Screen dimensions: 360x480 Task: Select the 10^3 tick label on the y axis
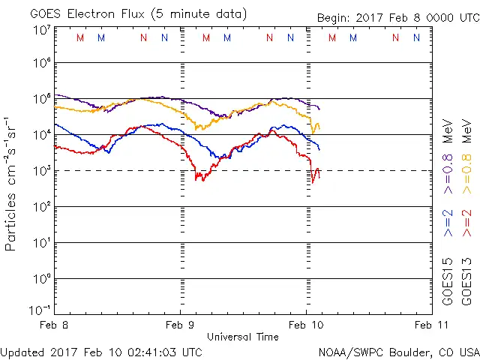41,171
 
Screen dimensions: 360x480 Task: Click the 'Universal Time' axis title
242,337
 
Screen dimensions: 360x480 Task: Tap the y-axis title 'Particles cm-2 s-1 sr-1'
12,183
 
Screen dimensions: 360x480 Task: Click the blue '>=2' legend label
448,223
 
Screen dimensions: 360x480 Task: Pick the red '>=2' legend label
466,223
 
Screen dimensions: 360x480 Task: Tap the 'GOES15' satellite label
448,281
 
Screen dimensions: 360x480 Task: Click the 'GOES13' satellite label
466,281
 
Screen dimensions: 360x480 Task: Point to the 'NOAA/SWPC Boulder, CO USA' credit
397,352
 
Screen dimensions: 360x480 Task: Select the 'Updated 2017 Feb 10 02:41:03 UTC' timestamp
101,352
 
